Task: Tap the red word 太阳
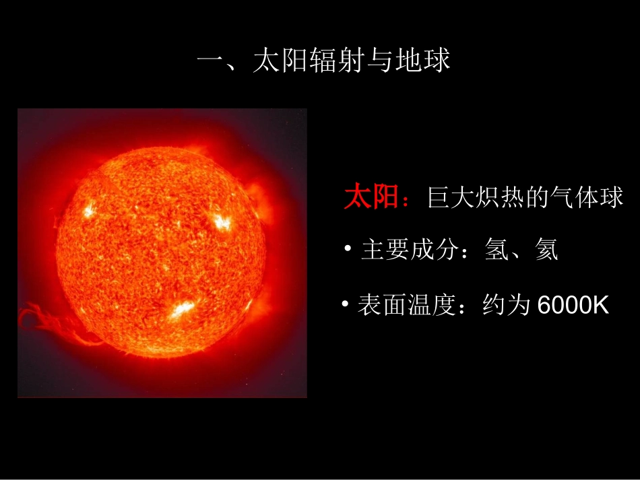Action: pos(372,198)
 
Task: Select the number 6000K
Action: pos(573,306)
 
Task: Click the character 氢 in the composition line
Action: pos(497,251)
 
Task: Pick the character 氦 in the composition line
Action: pos(546,251)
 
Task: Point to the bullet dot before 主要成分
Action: pos(348,250)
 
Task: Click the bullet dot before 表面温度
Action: pos(344,305)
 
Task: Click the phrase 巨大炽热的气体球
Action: pos(525,199)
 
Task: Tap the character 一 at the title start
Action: pos(210,62)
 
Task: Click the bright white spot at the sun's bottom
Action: pos(181,309)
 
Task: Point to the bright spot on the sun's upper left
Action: pos(88,208)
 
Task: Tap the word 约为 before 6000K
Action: pos(506,306)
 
